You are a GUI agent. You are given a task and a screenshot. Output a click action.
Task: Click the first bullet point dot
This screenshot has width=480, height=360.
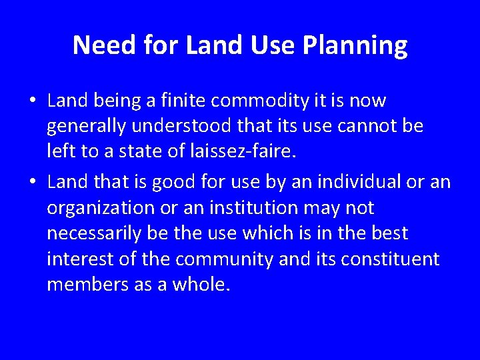click(32, 101)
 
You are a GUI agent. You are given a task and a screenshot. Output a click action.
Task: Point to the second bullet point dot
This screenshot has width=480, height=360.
click(32, 182)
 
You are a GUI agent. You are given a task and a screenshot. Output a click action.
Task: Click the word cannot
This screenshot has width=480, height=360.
click(364, 126)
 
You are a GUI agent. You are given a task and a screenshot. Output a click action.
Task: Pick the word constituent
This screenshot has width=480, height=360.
click(390, 259)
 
